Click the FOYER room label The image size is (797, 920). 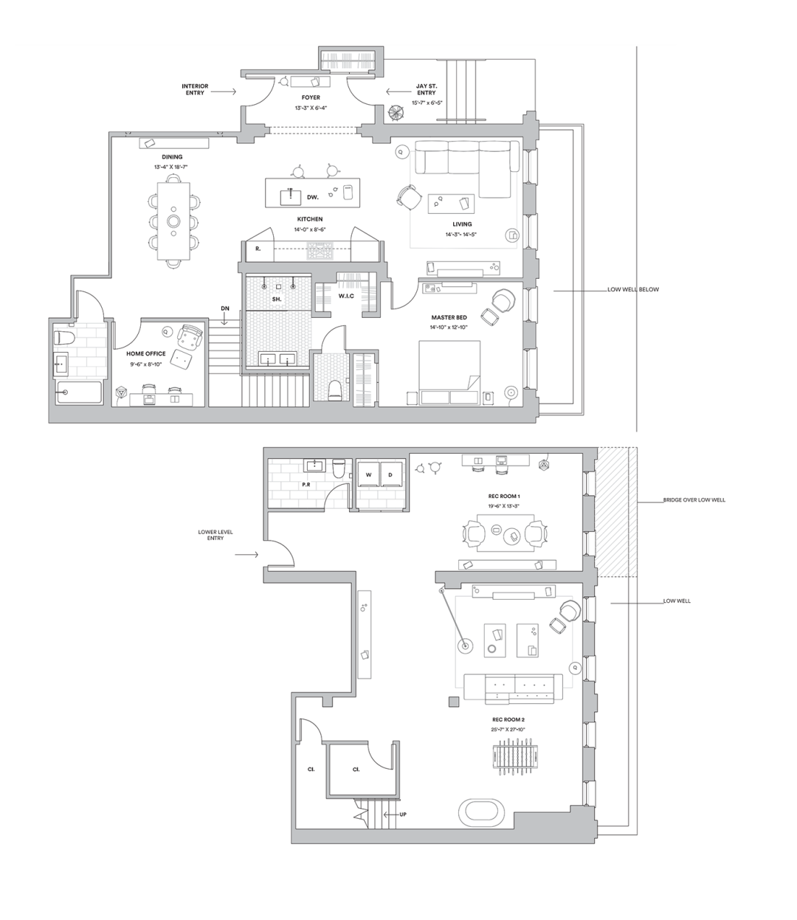point(311,97)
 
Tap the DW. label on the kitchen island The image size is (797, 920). point(313,197)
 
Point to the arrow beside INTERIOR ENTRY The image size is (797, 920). point(224,91)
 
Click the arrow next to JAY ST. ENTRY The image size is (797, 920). point(398,91)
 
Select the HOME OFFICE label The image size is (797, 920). point(145,354)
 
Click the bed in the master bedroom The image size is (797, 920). point(449,373)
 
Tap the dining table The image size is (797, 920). point(173,221)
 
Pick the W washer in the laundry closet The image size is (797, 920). point(369,475)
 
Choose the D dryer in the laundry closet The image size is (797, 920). point(390,475)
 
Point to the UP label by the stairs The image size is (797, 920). point(402,814)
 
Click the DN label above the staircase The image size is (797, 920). point(225,308)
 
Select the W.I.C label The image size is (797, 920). point(346,296)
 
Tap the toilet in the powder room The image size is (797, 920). point(339,468)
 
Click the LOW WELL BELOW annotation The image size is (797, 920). point(633,289)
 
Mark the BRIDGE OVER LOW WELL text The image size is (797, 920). point(694,499)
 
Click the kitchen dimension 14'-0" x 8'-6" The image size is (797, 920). point(311,229)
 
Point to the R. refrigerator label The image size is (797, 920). point(258,249)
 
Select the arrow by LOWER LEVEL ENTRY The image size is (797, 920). point(246,555)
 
